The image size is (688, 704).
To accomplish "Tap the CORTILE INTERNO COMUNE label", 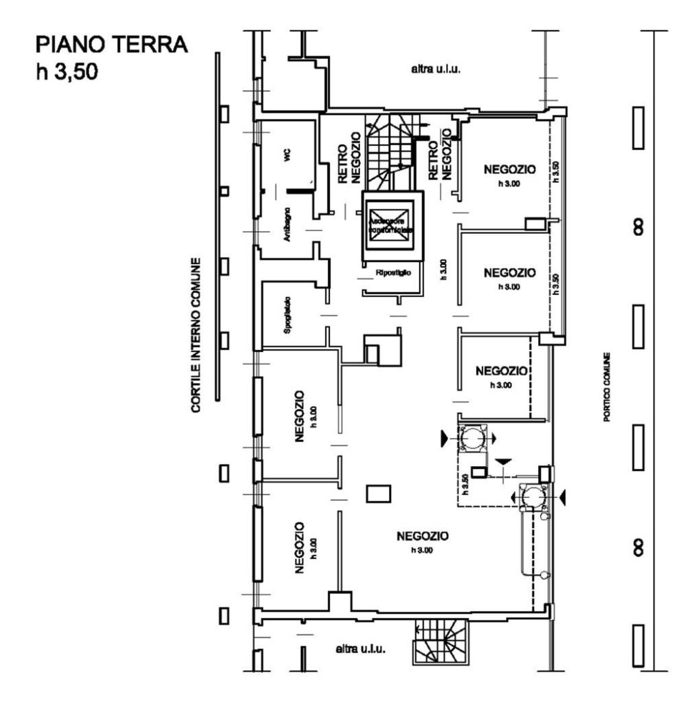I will pos(197,335).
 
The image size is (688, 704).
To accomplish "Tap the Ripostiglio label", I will pos(392,273).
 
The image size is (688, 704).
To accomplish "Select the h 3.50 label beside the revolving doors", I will pos(465,484).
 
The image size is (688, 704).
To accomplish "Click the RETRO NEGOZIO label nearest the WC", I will pos(350,159).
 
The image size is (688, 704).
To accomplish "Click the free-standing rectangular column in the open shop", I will pos(379,493).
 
